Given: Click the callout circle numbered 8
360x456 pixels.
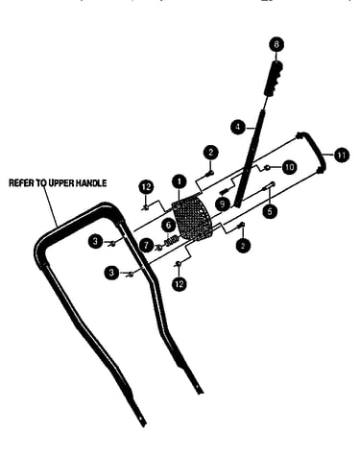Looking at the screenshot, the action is coord(276,44).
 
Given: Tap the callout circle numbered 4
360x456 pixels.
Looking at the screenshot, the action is coord(238,127).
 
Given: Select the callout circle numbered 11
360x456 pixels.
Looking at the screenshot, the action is coord(342,156).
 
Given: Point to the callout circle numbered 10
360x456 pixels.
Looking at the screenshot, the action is coord(289,167).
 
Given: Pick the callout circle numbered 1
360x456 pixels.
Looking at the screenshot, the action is coord(180,181).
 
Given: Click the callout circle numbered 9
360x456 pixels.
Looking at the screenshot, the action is coord(223,204).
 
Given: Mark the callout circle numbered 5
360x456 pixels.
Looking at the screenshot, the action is coord(270,211).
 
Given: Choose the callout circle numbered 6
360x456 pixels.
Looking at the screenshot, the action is coord(168,226).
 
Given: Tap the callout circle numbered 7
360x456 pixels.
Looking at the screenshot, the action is coord(147,246).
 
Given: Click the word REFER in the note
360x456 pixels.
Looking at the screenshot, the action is coord(21,183).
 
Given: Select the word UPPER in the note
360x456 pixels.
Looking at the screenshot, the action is coord(61,183).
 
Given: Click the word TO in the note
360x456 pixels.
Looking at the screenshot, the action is coord(41,183).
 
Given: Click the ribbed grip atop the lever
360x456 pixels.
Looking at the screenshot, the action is coord(274,78).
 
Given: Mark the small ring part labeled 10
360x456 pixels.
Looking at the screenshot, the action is coord(267,167).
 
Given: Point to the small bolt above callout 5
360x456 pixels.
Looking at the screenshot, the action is coord(269,185).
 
